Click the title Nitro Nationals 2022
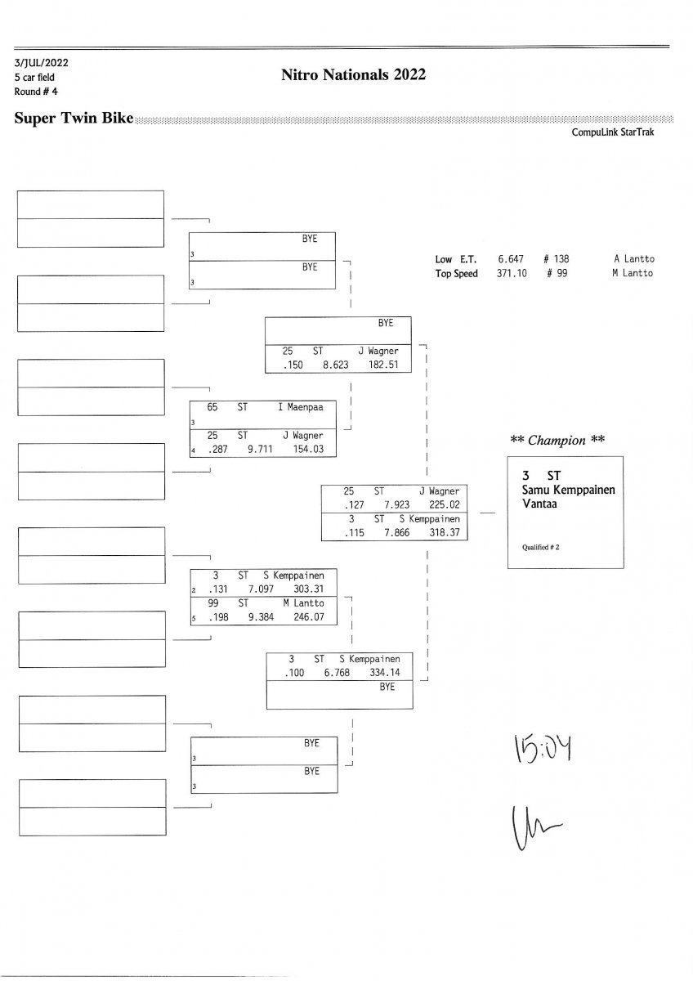[353, 75]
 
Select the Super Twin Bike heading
[74, 119]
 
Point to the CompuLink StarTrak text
[613, 132]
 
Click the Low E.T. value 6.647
[510, 259]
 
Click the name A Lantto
[633, 259]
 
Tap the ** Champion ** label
[557, 440]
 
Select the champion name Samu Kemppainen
[568, 489]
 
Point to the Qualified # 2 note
[541, 547]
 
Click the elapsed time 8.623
[336, 365]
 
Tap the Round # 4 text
[36, 91]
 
